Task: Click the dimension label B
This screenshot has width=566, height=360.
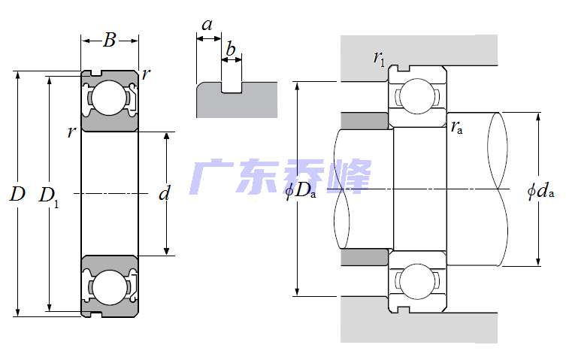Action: (x=110, y=41)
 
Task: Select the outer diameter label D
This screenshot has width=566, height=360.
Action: (x=17, y=195)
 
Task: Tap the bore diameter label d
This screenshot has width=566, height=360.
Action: (x=165, y=194)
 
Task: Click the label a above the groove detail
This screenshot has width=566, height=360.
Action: (x=207, y=25)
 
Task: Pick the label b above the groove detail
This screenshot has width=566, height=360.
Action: (x=231, y=51)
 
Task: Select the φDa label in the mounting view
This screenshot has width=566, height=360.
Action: (x=301, y=191)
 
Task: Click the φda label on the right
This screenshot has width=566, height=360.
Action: (x=540, y=191)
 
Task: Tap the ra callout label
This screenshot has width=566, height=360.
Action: (x=457, y=128)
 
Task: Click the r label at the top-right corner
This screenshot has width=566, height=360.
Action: (x=146, y=74)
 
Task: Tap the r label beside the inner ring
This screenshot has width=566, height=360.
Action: (x=71, y=133)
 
